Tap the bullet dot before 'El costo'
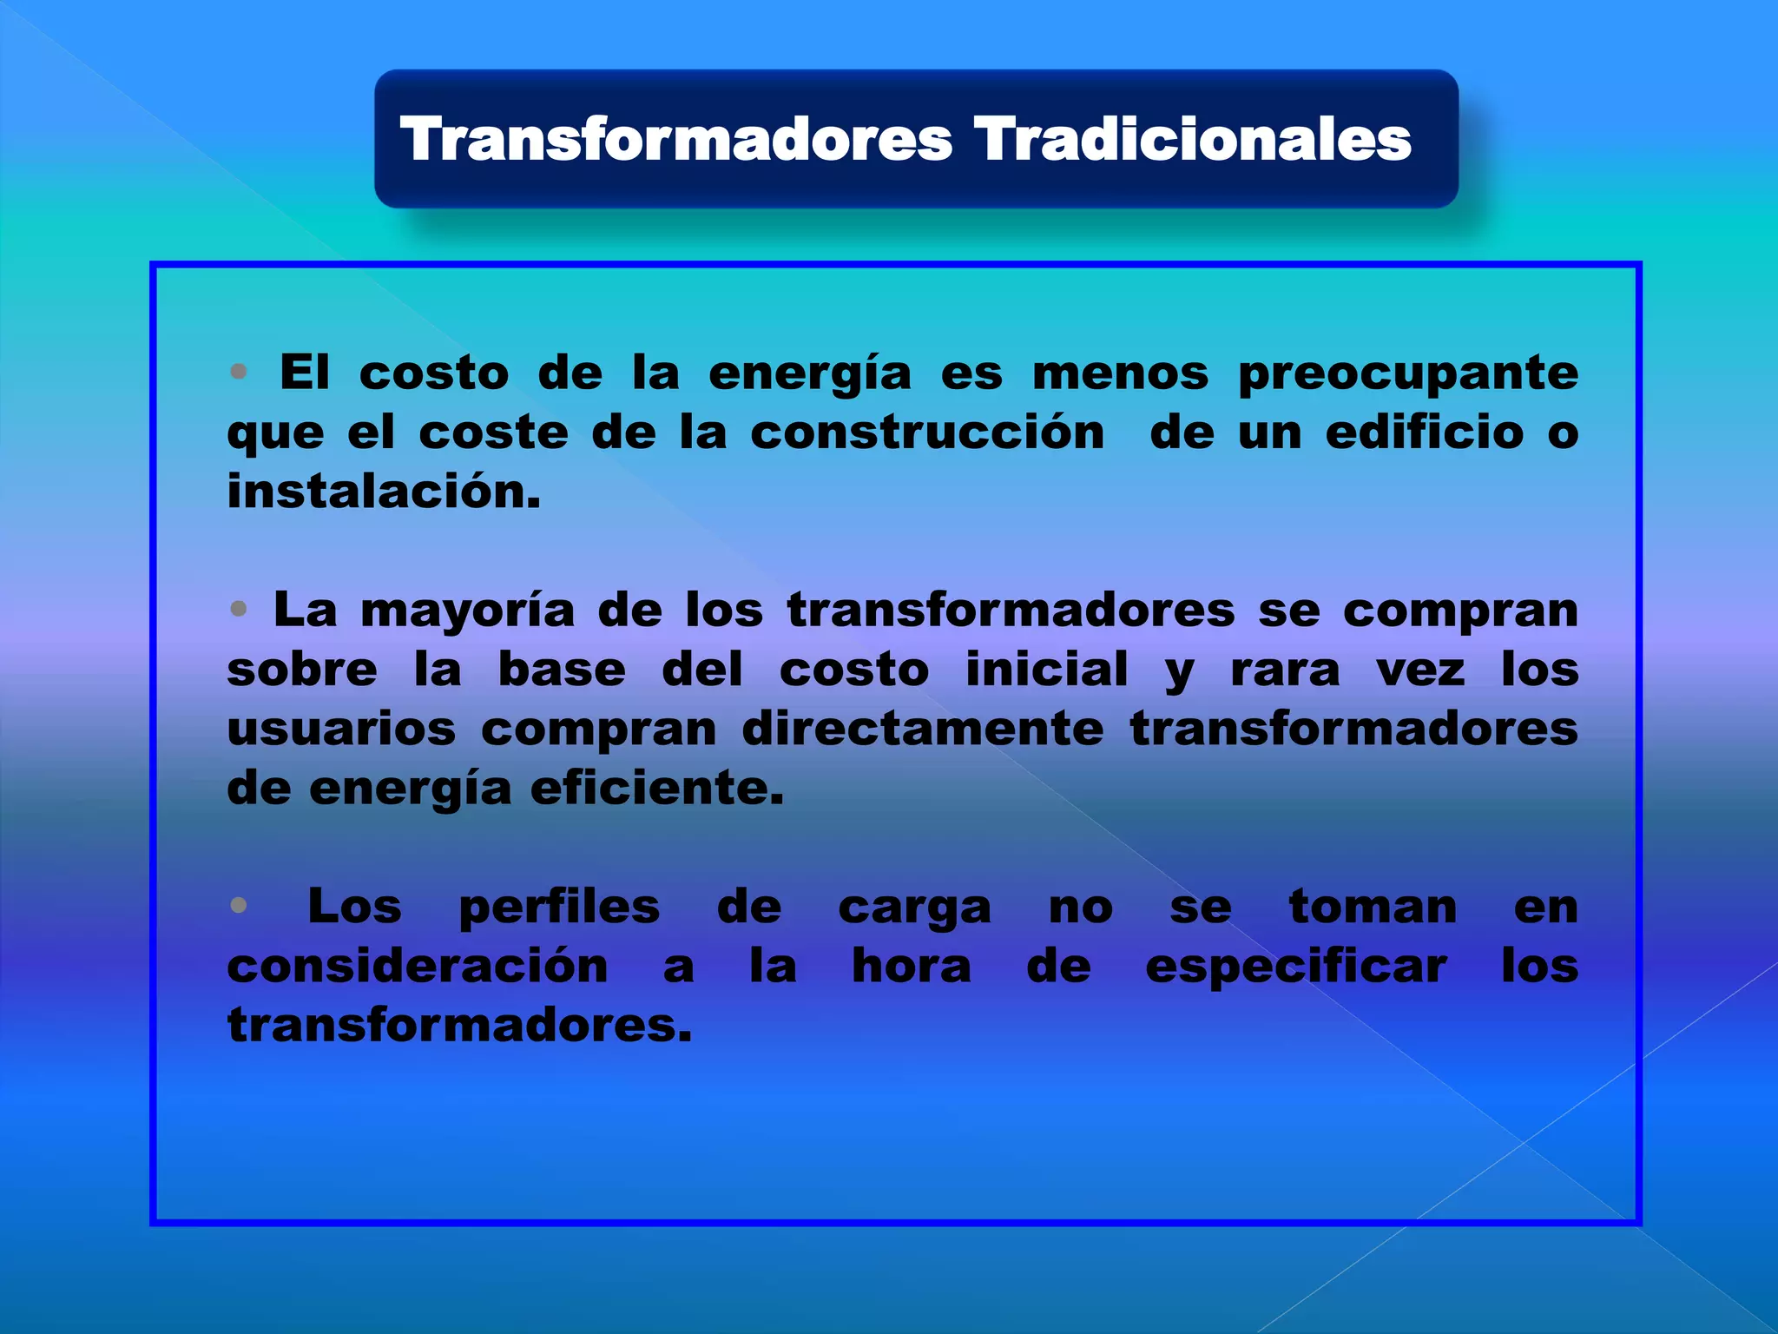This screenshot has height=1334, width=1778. click(x=239, y=373)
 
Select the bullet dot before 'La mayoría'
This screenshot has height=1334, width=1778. click(x=239, y=609)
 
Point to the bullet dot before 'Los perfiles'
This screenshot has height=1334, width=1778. click(x=239, y=906)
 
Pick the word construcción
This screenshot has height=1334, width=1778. click(x=927, y=433)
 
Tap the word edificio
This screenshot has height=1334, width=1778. click(x=1424, y=433)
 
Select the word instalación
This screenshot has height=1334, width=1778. click(x=384, y=492)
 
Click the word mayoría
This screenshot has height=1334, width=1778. click(x=467, y=611)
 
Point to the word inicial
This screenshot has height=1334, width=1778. click(x=1047, y=670)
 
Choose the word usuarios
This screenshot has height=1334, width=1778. click(x=341, y=729)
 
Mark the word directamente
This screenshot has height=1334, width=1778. click(x=922, y=729)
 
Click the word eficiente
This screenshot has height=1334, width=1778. click(x=656, y=789)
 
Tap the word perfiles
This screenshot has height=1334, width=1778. click(x=559, y=908)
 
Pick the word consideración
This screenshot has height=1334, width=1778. click(x=418, y=967)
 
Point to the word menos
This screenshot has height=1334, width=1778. click(x=1120, y=373)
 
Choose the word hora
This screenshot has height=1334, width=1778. click(x=911, y=967)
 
